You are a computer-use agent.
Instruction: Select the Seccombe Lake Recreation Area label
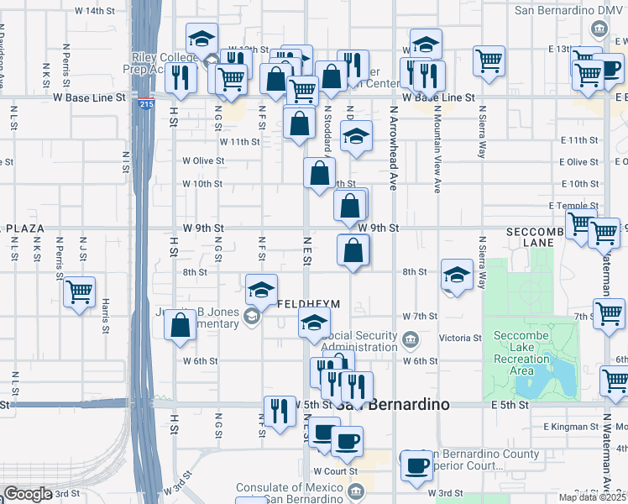coord(521,353)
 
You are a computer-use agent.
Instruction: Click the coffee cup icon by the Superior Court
coord(416,465)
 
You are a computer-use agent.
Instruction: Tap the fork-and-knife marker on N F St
coord(280,411)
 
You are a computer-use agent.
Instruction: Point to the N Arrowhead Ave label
coord(392,146)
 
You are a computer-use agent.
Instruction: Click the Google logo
coord(28,493)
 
